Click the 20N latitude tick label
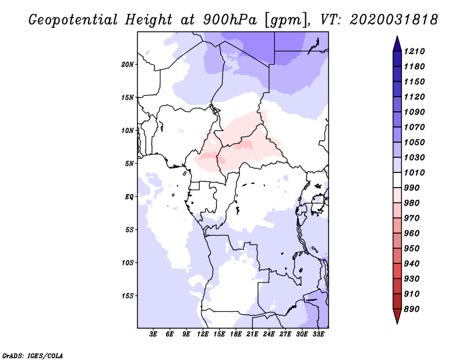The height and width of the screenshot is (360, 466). pyautogui.click(x=128, y=65)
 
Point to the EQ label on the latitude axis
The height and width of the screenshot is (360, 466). pyautogui.click(x=129, y=197)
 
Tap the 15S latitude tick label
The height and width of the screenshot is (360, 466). pyautogui.click(x=128, y=296)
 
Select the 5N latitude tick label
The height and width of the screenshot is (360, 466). pyautogui.click(x=129, y=164)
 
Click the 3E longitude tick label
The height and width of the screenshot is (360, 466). pyautogui.click(x=153, y=334)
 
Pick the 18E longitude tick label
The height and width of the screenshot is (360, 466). pyautogui.click(x=235, y=334)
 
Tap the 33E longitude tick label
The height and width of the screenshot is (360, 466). pyautogui.click(x=318, y=334)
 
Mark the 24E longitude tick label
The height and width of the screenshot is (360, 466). pyautogui.click(x=269, y=334)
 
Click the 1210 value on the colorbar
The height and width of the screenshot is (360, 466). pyautogui.click(x=414, y=51)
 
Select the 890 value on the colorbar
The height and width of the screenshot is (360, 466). pyautogui.click(x=412, y=309)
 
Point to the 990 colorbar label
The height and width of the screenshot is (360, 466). pyautogui.click(x=412, y=188)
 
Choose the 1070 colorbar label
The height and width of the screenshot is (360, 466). pyautogui.click(x=414, y=127)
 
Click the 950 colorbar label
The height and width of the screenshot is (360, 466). pyautogui.click(x=412, y=249)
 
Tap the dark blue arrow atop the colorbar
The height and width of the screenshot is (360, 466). pyautogui.click(x=397, y=44)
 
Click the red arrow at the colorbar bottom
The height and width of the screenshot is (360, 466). pyautogui.click(x=397, y=316)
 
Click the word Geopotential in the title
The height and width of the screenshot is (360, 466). pyautogui.click(x=73, y=20)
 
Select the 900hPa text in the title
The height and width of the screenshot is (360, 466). pyautogui.click(x=230, y=20)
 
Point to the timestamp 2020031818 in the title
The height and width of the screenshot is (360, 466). pyautogui.click(x=394, y=20)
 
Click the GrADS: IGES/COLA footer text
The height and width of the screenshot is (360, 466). pyautogui.click(x=33, y=356)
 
